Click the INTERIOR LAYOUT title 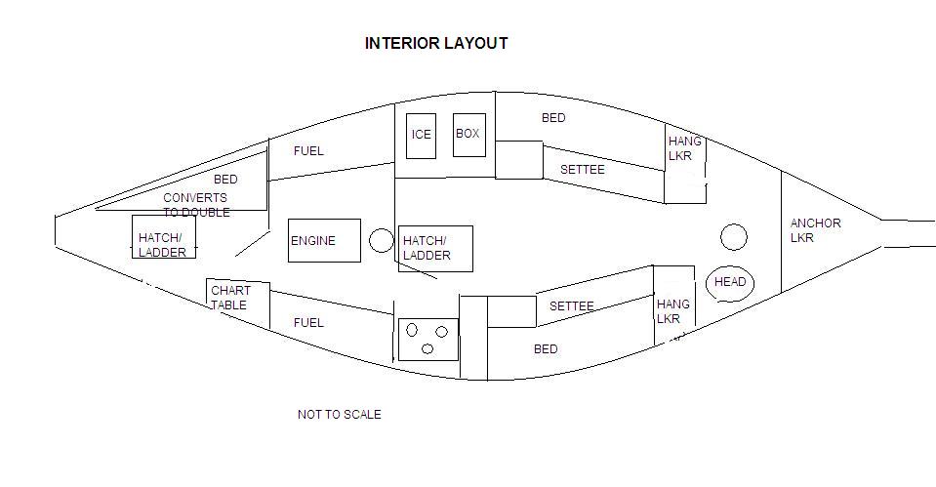point(436,43)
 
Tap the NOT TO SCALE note point(339,415)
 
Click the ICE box point(421,135)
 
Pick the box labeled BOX point(468,134)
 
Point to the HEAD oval point(730,283)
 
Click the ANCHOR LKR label point(815,230)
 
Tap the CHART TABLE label point(230,298)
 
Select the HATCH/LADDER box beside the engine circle point(435,249)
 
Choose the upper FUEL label point(308,151)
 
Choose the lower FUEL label point(308,323)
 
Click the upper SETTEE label point(583,170)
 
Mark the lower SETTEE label point(571,306)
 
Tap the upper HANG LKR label point(684,148)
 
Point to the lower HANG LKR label point(672,311)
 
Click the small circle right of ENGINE point(382,240)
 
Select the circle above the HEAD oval point(733,237)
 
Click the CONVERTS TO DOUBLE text point(196,205)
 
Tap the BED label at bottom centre point(546,349)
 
